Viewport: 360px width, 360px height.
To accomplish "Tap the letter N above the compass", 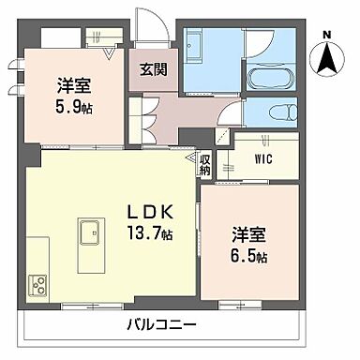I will tap(326, 37).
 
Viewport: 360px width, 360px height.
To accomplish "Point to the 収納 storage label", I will tap(205, 165).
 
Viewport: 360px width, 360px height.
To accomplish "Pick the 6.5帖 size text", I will tap(248, 256).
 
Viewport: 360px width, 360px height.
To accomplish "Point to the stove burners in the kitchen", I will tap(38, 282).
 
